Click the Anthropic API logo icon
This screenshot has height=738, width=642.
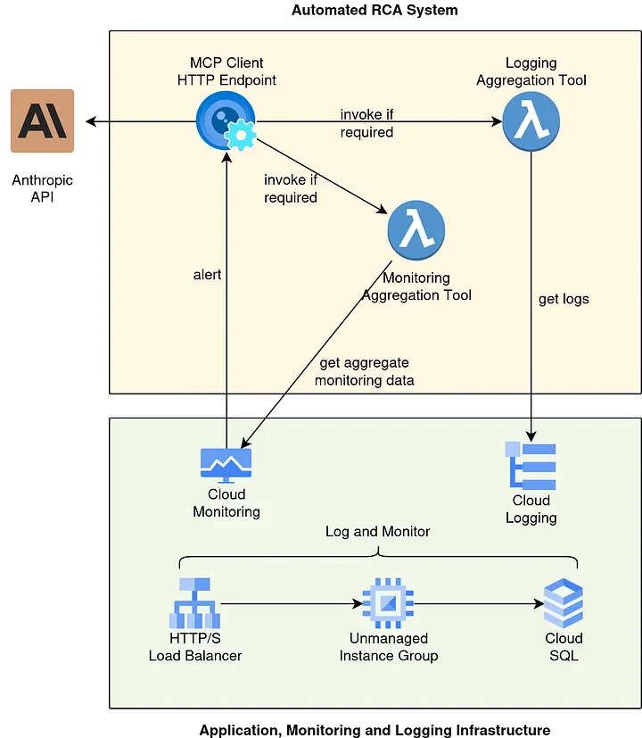[x=42, y=121]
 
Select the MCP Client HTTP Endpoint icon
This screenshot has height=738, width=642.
[x=226, y=121]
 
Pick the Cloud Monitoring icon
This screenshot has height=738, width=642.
[x=226, y=464]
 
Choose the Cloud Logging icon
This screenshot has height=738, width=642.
[x=531, y=464]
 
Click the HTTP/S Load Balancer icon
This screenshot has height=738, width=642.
[x=194, y=603]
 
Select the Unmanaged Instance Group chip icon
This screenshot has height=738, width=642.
[x=388, y=603]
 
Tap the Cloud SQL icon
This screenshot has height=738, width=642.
[x=564, y=603]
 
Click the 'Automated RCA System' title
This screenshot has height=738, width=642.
[x=374, y=11]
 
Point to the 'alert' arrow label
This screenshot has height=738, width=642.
[x=207, y=275]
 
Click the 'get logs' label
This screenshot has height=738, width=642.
[x=564, y=299]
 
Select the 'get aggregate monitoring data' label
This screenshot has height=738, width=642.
[x=366, y=371]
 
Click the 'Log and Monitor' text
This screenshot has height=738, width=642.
[x=377, y=532]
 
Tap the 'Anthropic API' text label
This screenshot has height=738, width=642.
[x=42, y=188]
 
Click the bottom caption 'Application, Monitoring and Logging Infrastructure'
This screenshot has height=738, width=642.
[x=374, y=729]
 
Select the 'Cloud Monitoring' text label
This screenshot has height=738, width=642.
[x=226, y=503]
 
